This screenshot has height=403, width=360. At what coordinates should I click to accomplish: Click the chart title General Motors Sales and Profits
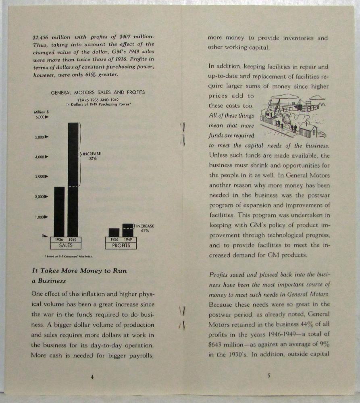(x=98, y=92)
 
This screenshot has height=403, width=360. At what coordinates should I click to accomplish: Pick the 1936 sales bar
(x=59, y=212)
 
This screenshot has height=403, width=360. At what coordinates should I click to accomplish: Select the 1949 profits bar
(x=128, y=230)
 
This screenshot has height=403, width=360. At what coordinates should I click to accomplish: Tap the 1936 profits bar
(x=114, y=233)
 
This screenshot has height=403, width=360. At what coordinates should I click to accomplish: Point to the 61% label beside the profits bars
(x=145, y=231)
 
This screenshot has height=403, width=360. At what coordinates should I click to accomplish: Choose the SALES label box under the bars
(x=66, y=245)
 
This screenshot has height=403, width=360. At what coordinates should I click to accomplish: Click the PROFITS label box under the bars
(x=121, y=245)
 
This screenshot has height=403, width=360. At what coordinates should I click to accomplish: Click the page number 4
(x=92, y=377)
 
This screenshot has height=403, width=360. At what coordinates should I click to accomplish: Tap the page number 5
(x=268, y=376)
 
